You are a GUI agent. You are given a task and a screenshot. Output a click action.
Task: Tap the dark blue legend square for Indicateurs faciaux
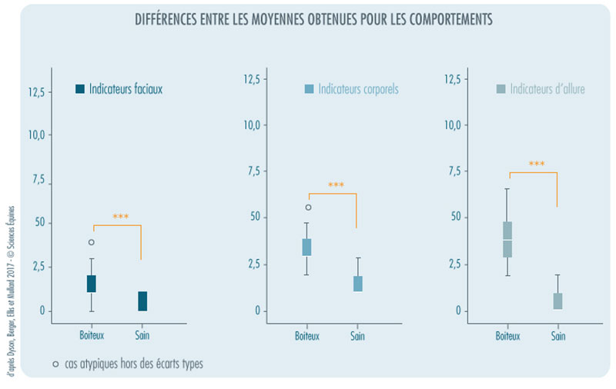79,89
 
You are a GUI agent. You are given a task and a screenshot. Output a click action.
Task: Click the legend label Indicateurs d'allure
547,89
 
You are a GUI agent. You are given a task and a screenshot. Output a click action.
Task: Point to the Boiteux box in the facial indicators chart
92,284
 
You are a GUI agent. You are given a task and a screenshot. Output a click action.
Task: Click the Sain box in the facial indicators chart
142,301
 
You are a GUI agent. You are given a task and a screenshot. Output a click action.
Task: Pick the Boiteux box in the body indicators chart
306,247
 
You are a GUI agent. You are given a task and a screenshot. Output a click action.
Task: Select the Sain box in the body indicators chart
357,284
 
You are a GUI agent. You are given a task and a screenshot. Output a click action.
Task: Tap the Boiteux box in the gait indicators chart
507,239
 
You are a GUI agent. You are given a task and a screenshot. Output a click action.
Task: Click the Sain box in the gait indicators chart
557,301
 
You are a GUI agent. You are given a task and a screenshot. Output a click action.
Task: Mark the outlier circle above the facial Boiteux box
92,242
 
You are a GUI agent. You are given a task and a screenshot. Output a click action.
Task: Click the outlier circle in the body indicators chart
309,208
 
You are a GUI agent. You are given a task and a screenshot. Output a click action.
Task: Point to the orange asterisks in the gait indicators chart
537,164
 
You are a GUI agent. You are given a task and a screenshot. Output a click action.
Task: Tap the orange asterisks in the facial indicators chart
121,217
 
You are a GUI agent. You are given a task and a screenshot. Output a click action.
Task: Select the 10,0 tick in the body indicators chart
254,125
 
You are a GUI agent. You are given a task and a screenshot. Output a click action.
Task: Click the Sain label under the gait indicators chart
557,335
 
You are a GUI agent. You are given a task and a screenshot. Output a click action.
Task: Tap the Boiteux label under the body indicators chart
307,335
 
